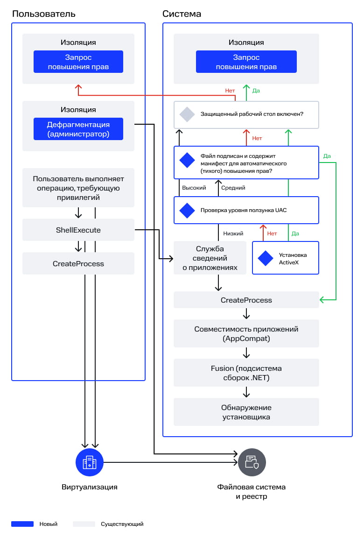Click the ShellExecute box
click(x=78, y=230)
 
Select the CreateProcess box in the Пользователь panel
click(x=78, y=263)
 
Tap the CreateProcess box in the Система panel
click(x=246, y=300)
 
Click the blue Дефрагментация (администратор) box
click(x=78, y=129)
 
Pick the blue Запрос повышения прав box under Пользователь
click(x=78, y=62)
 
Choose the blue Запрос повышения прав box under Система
click(x=246, y=62)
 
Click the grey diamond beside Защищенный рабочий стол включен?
click(x=187, y=114)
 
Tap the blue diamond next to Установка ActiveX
click(x=265, y=258)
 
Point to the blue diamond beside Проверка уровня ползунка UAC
click(x=187, y=210)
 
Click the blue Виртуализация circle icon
click(x=90, y=462)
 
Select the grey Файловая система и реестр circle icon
click(x=252, y=462)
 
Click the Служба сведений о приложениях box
click(x=210, y=258)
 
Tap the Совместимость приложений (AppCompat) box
click(x=246, y=333)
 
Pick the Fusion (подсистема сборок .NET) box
click(x=246, y=373)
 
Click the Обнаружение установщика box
click(x=246, y=412)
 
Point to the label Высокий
click(x=194, y=188)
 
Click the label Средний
click(x=233, y=188)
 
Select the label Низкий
click(x=233, y=234)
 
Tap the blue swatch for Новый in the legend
click(x=22, y=524)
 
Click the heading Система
click(x=182, y=14)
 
